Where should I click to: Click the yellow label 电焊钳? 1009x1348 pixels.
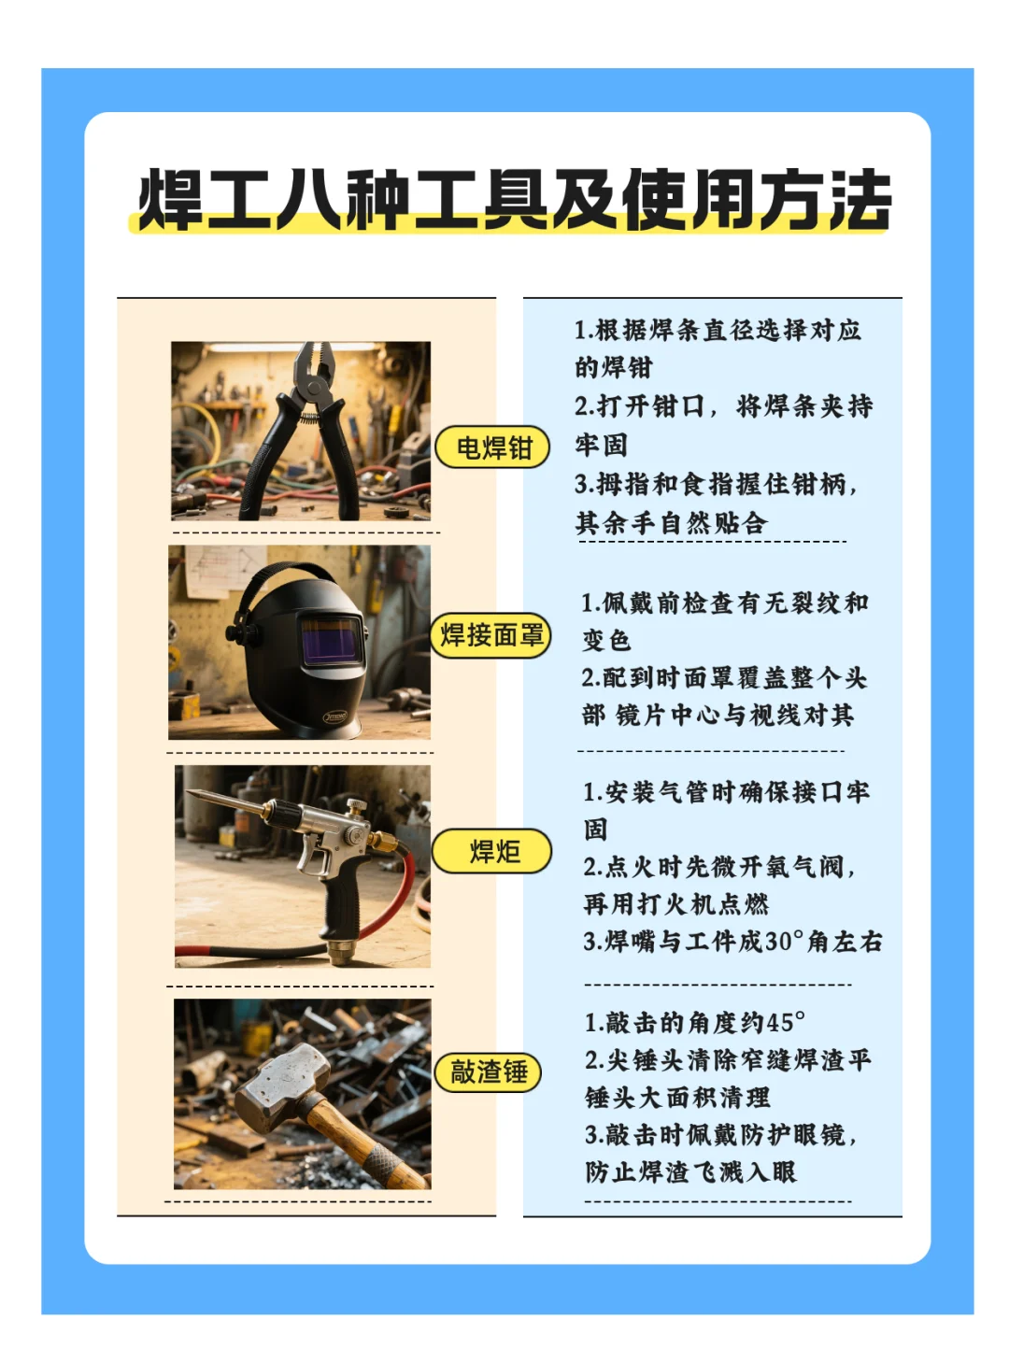point(492,448)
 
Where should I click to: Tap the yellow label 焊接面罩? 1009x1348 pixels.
point(491,635)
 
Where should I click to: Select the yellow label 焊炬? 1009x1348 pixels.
point(492,851)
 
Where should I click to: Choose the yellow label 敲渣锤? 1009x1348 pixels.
point(489,1071)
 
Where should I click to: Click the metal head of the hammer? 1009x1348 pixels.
point(281,1084)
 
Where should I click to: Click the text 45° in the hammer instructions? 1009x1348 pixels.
point(785,1023)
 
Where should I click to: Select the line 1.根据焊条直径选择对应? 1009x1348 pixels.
point(718,330)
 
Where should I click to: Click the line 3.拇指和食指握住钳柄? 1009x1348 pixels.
point(716,484)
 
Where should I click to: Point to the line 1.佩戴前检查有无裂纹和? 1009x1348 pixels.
point(725,603)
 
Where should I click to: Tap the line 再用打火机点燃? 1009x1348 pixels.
point(676,904)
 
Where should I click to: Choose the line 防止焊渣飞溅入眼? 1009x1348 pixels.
point(690,1172)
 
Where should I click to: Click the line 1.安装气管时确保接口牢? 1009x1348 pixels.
point(726,792)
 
